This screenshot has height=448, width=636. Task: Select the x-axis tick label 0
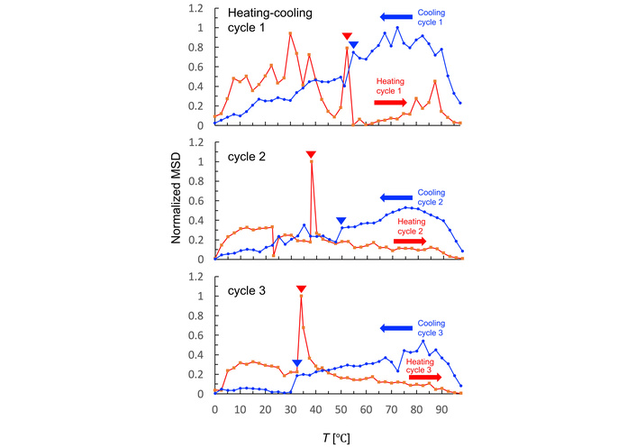(214, 409)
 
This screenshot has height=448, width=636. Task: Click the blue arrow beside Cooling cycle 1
(395, 17)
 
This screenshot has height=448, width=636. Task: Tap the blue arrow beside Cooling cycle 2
(395, 197)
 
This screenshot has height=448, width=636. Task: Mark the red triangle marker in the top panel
(347, 36)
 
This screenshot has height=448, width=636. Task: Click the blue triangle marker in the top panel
(354, 45)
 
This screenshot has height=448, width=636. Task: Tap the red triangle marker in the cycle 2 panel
(311, 154)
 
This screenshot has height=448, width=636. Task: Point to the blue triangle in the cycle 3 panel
(296, 363)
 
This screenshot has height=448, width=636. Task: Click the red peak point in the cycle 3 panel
(301, 297)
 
